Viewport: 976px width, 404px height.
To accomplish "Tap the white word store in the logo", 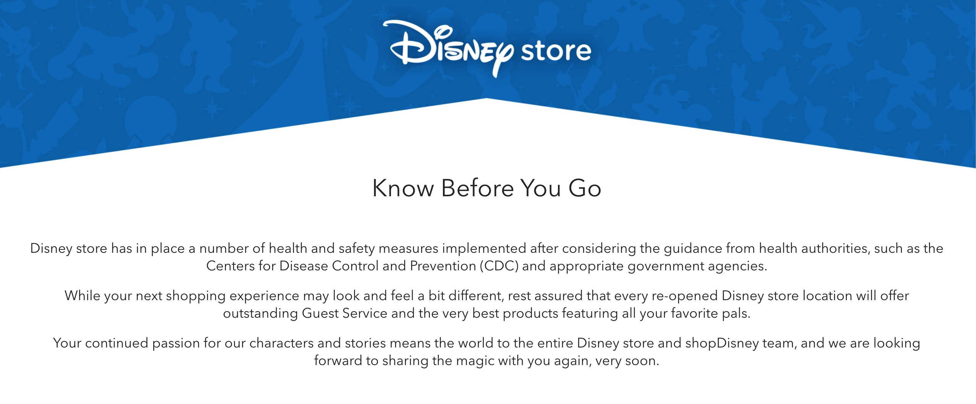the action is pos(556,52).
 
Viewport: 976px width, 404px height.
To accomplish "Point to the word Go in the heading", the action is pos(585,188).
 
